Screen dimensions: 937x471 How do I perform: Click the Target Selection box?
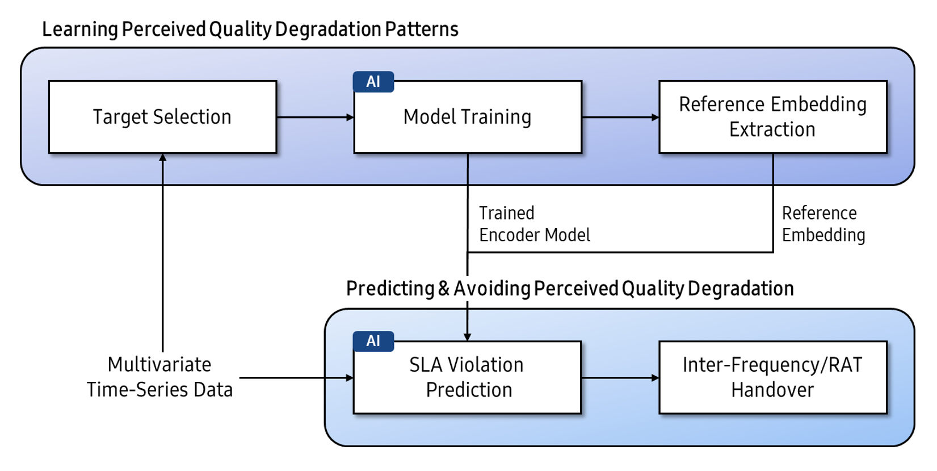pyautogui.click(x=163, y=117)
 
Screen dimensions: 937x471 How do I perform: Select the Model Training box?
pyautogui.click(x=468, y=117)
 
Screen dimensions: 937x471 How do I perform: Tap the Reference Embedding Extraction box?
pyautogui.click(x=773, y=117)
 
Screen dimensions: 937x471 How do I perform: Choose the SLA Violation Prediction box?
pyautogui.click(x=467, y=377)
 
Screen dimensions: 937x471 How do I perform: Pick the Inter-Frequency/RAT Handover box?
pyautogui.click(x=773, y=377)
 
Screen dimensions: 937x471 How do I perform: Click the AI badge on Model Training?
pyautogui.click(x=373, y=82)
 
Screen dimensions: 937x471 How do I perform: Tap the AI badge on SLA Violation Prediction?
pyautogui.click(x=373, y=341)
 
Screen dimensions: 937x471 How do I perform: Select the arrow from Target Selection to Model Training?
pyautogui.click(x=316, y=117)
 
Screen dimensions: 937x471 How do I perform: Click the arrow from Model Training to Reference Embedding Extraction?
pyautogui.click(x=621, y=117)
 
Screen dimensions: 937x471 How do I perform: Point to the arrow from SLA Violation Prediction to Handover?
pyautogui.click(x=620, y=378)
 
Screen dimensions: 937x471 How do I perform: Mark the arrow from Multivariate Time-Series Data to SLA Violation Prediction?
pyautogui.click(x=297, y=378)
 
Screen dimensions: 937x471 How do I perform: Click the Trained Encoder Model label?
pyautogui.click(x=535, y=224)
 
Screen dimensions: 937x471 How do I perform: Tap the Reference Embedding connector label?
pyautogui.click(x=823, y=224)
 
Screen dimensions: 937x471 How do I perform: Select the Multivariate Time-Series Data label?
pyautogui.click(x=159, y=377)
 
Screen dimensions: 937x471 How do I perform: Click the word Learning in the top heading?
pyautogui.click(x=80, y=30)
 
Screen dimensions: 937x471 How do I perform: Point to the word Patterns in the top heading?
pyautogui.click(x=422, y=30)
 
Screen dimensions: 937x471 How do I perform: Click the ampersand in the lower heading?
pyautogui.click(x=444, y=289)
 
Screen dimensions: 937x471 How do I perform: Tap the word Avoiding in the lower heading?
pyautogui.click(x=493, y=289)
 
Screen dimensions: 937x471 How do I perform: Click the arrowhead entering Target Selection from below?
pyautogui.click(x=163, y=157)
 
